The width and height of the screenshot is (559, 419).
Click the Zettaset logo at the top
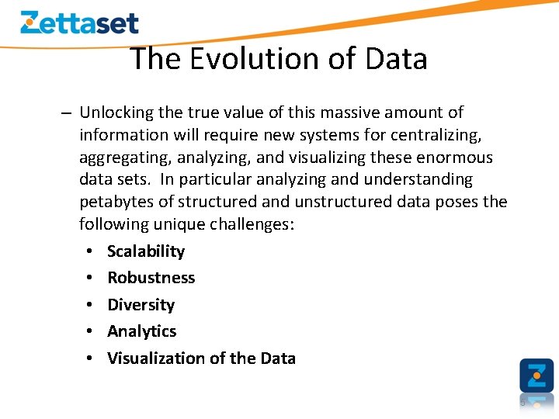point(79,22)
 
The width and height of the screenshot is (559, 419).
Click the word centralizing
point(434,135)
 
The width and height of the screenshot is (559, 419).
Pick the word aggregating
point(125,158)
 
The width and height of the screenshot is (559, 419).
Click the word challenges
point(253,224)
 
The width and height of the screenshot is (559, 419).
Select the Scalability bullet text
point(146,251)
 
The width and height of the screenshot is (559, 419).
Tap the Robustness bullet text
point(151,278)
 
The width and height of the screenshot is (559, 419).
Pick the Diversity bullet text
point(141,305)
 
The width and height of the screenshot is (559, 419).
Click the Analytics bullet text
point(141,331)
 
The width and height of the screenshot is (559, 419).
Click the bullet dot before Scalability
point(91,251)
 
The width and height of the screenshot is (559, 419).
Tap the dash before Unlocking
point(68,113)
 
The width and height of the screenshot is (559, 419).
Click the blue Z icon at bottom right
point(536,375)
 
